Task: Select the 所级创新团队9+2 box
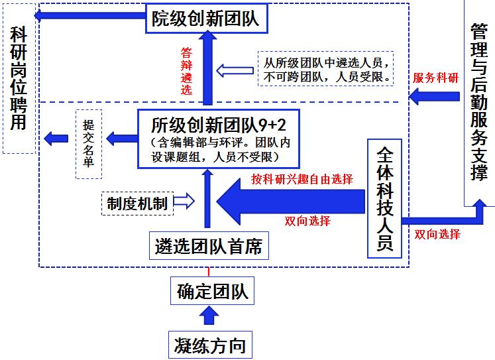218,138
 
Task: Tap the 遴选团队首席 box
208,247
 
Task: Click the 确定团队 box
213,291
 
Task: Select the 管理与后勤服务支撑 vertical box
478,99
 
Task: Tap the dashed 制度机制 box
137,202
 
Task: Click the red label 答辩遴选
187,71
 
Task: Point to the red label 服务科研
435,78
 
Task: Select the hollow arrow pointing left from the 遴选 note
232,70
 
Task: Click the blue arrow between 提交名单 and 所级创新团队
120,139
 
